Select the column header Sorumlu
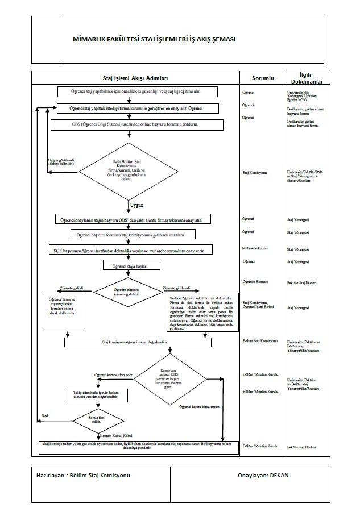pyautogui.click(x=263, y=78)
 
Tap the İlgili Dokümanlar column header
pyautogui.click(x=311, y=78)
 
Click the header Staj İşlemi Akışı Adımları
pyautogui.click(x=135, y=78)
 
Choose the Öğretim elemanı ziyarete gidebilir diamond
pyautogui.click(x=127, y=292)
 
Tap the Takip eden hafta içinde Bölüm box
pyautogui.click(x=91, y=395)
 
